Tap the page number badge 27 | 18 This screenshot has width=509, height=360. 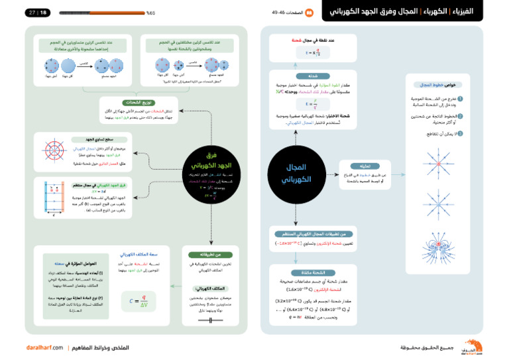click(38, 13)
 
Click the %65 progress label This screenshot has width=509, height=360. click(150, 13)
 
